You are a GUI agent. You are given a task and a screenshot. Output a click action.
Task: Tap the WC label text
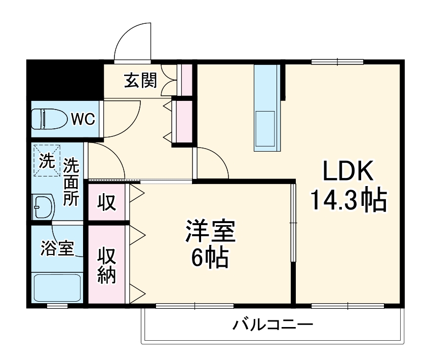point(82,119)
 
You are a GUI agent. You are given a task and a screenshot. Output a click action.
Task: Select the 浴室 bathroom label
point(57,249)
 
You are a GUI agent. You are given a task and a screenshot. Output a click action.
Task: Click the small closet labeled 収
point(107,202)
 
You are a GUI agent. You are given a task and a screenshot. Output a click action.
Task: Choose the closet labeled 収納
point(107,265)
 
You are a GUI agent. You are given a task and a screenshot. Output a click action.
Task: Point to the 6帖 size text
point(209,260)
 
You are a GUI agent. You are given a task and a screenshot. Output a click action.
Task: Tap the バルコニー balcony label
point(273,324)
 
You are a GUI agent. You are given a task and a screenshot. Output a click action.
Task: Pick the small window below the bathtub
point(57,306)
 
